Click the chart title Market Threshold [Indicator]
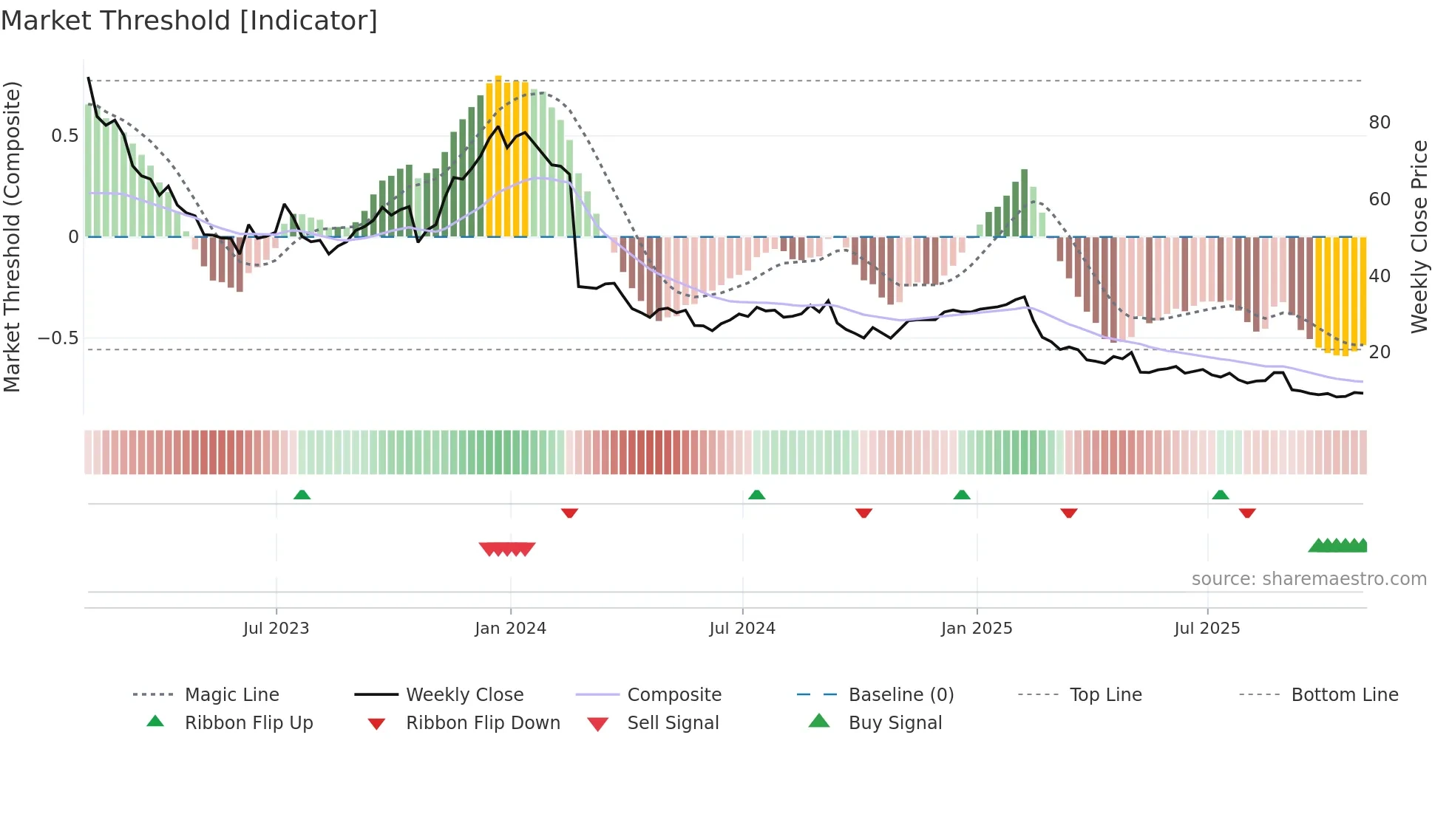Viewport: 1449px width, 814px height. (x=189, y=21)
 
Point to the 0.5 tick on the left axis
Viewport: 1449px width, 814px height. (x=64, y=136)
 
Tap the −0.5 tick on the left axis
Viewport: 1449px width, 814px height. (x=58, y=338)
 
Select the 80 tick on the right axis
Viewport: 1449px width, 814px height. (x=1380, y=123)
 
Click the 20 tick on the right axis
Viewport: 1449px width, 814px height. (x=1380, y=352)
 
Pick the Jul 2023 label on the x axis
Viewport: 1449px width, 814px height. (x=276, y=629)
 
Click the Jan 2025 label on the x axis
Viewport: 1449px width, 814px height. (x=976, y=629)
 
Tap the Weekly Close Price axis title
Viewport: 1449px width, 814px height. (x=1419, y=236)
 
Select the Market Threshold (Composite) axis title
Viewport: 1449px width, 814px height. (x=12, y=236)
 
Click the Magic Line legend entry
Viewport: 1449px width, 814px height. (x=231, y=695)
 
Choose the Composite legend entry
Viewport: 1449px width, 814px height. (x=673, y=695)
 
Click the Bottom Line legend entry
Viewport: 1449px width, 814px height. (x=1344, y=695)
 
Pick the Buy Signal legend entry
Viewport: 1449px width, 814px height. (x=895, y=723)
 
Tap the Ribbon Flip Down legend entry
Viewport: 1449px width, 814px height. (x=483, y=723)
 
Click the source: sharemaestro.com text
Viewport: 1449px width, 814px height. (x=1309, y=579)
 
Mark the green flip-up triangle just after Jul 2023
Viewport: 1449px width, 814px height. (x=302, y=495)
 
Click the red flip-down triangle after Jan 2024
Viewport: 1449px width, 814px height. (x=569, y=513)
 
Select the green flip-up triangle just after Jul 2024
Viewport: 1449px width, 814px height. (x=756, y=495)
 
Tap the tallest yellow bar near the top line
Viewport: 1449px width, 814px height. (x=498, y=155)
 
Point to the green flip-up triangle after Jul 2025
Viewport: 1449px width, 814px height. (x=1220, y=495)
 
